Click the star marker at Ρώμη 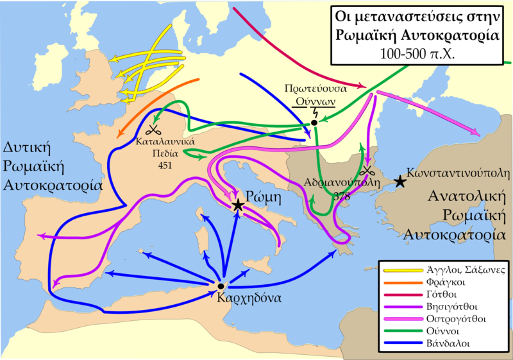(x=238, y=205)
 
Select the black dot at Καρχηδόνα (x=220, y=286)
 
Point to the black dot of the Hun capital (x=314, y=123)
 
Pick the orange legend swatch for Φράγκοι (x=396, y=282)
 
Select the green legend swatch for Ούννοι (x=396, y=331)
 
